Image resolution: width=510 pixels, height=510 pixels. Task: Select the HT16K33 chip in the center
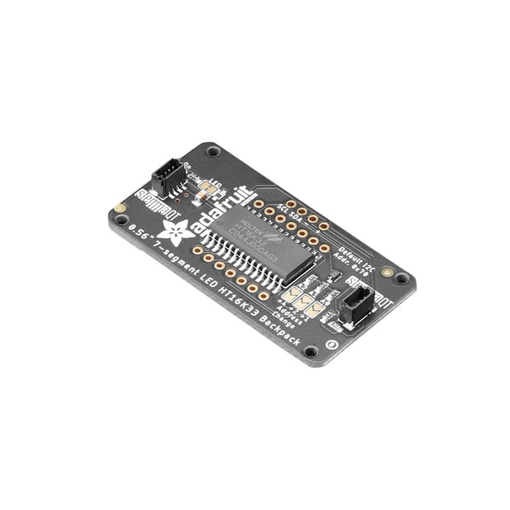[x=265, y=242]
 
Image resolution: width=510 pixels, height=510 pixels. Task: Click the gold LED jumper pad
[x=207, y=189]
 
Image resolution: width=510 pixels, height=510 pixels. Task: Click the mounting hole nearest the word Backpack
[x=310, y=351]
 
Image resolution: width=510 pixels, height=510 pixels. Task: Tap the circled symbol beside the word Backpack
[x=331, y=345]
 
